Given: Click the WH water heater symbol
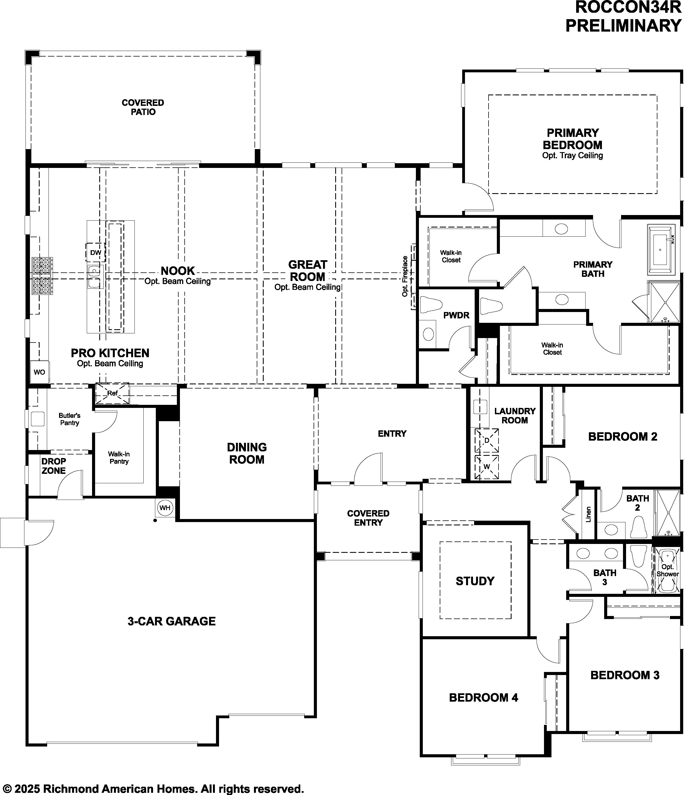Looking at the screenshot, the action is click(x=165, y=508).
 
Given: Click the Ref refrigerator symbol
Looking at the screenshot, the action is click(x=113, y=393).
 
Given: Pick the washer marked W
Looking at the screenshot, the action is click(x=487, y=467).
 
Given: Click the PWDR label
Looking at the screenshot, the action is click(x=456, y=315).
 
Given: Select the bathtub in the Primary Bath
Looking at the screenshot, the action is click(x=661, y=250).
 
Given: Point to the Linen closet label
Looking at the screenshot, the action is click(x=588, y=514).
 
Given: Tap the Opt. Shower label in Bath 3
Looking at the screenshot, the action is click(x=667, y=571).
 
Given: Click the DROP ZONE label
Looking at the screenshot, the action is click(x=54, y=466).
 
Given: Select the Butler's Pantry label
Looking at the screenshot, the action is click(x=70, y=419).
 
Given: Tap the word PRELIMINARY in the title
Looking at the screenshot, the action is click(x=624, y=26).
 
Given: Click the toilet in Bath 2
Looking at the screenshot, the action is click(x=638, y=527).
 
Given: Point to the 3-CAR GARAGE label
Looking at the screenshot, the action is click(x=172, y=621).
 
